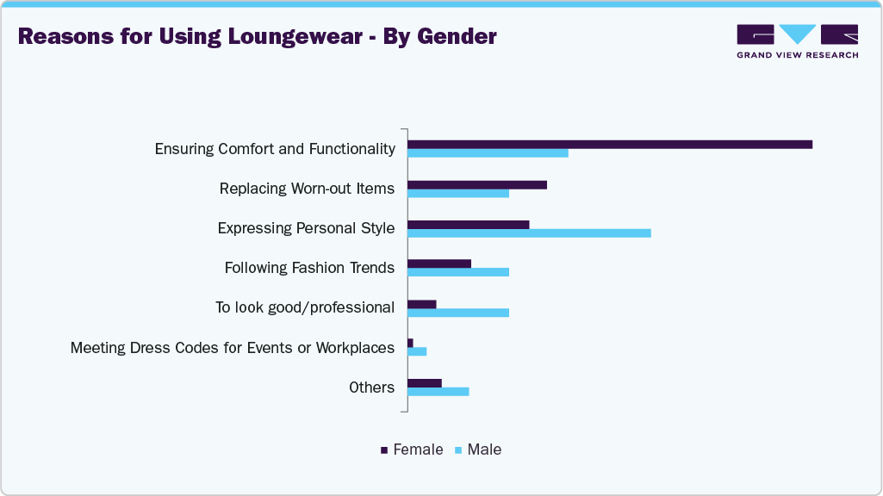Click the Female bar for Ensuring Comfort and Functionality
pos(610,144)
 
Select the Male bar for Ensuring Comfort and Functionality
pos(488,153)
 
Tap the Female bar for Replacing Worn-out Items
pos(477,184)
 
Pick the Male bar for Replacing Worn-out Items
pos(458,193)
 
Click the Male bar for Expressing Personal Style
pos(529,232)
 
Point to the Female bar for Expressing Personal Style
pos(468,224)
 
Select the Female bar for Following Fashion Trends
pos(439,263)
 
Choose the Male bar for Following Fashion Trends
pos(458,272)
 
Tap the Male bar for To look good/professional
pos(458,312)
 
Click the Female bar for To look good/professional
pos(422,303)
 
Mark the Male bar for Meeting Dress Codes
pos(417,351)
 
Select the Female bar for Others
pos(425,382)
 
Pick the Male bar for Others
pos(438,391)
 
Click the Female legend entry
pos(412,449)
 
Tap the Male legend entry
pos(478,449)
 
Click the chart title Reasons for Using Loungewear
pos(257,36)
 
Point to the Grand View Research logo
pos(797,40)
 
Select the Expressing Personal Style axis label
pos(306,228)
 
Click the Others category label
pos(371,387)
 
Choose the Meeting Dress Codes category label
pos(233,347)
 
